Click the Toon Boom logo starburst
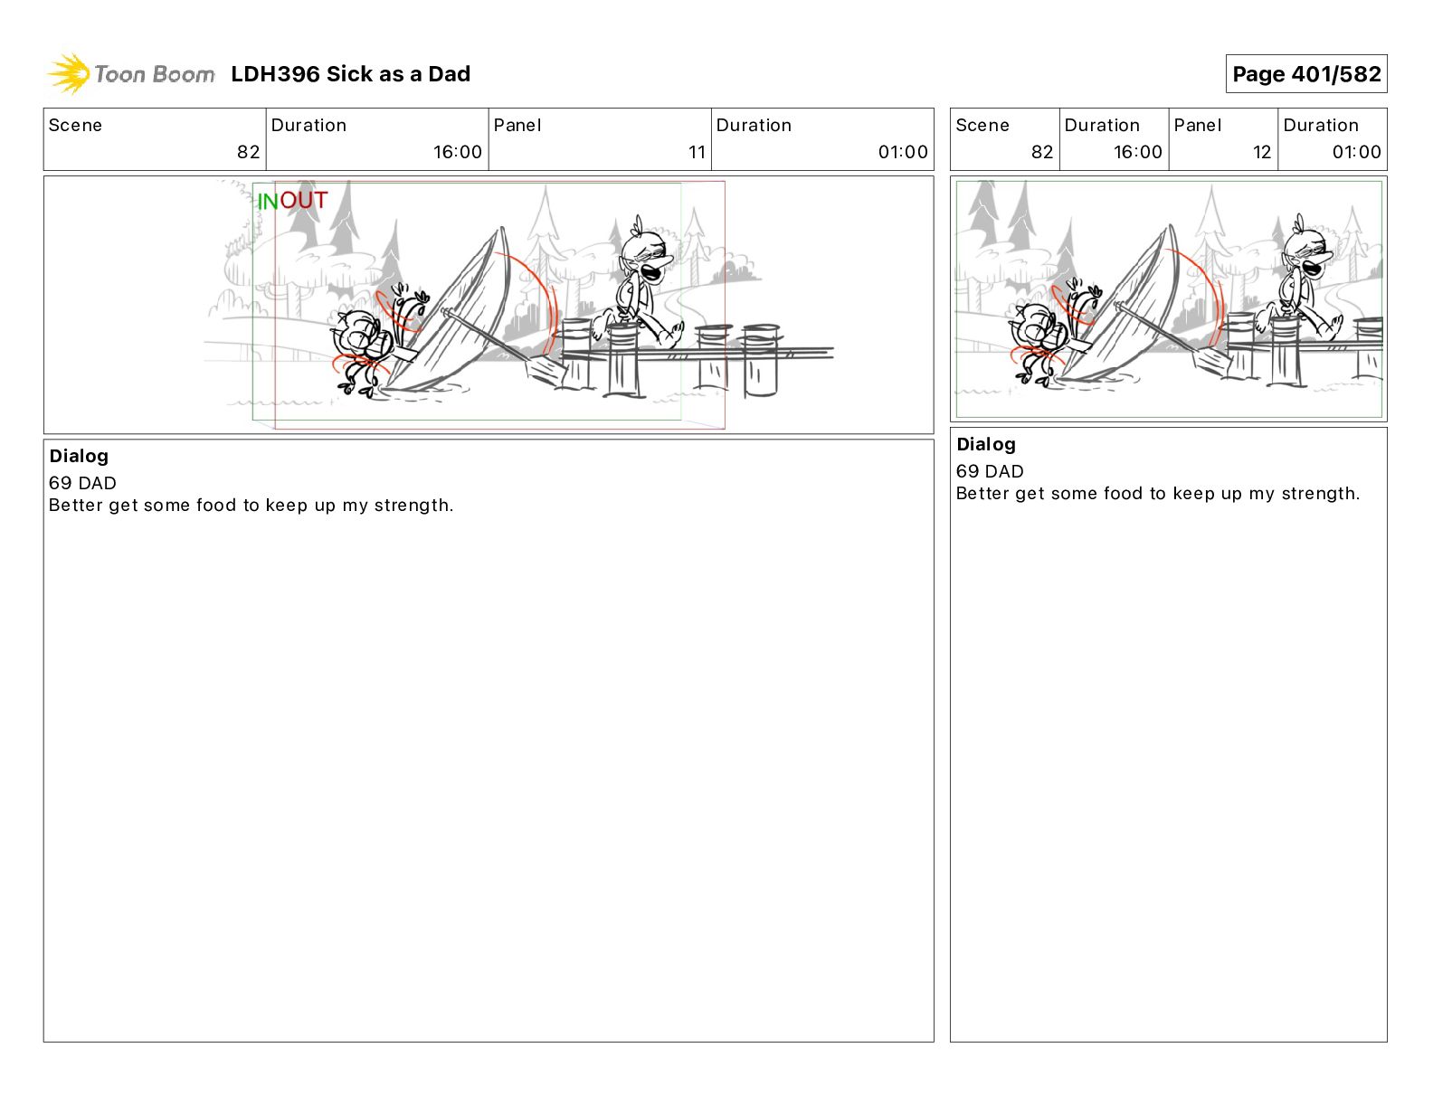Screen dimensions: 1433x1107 (x=69, y=73)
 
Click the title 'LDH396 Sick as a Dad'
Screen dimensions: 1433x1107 (x=350, y=74)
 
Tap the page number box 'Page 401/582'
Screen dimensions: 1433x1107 (x=1305, y=74)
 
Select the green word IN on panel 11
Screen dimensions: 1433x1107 (x=267, y=202)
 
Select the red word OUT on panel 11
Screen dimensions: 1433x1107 (x=303, y=200)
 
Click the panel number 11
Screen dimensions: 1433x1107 (x=697, y=152)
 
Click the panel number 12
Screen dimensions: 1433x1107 (x=1261, y=152)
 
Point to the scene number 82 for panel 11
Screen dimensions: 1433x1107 (x=248, y=152)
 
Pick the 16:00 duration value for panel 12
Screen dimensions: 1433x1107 (x=1137, y=152)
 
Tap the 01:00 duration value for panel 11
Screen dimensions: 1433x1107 (x=903, y=152)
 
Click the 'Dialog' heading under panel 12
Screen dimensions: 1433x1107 (x=986, y=444)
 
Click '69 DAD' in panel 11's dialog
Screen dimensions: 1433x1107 (x=82, y=483)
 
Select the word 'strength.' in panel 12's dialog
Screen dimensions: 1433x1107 (x=1320, y=494)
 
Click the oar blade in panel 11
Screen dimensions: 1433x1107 (x=545, y=371)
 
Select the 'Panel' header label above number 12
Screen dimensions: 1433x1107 (x=1198, y=126)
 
